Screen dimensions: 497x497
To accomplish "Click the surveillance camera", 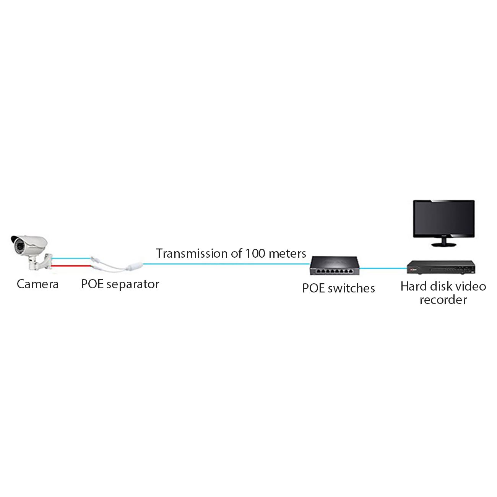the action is click(31, 252).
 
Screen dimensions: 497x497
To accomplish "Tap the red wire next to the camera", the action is click(71, 266).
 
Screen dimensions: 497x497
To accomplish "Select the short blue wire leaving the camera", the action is click(71, 258).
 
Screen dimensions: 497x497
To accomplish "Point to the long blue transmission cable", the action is click(226, 264).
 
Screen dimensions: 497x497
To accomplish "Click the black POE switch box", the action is click(334, 265).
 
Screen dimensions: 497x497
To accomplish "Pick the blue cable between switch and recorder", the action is click(383, 268).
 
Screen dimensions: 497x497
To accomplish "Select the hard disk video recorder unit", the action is click(441, 267).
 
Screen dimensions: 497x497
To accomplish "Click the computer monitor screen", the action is click(443, 218).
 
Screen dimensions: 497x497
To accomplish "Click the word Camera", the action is click(37, 284).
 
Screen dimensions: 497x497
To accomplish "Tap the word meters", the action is click(287, 254).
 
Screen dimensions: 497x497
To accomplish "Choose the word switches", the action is click(351, 288).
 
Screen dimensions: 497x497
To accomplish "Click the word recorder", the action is click(443, 300).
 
